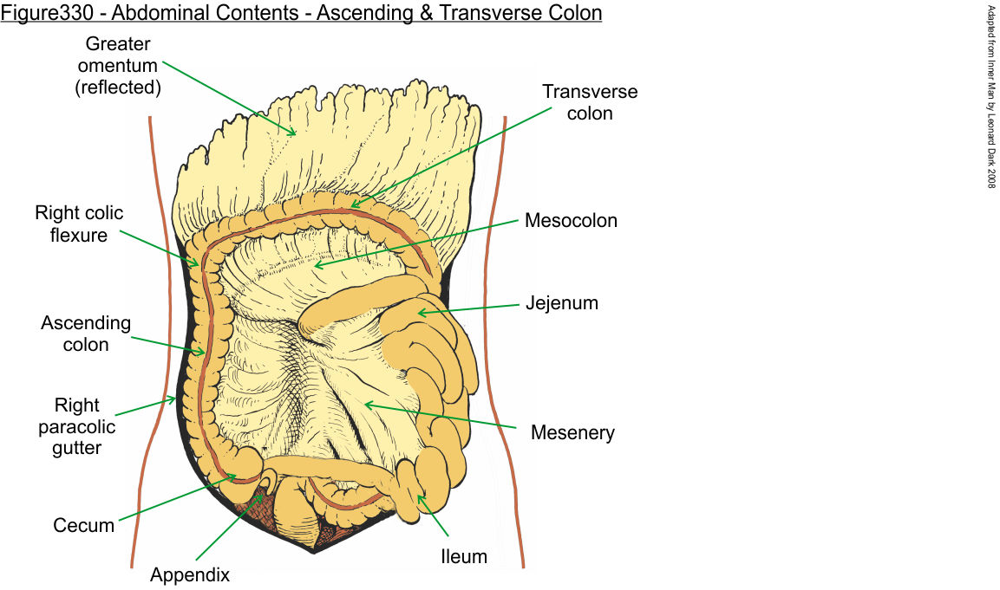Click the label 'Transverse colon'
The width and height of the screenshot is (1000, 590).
[589, 102]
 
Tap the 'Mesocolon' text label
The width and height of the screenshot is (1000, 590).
[571, 221]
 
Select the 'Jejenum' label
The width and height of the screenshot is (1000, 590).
[561, 303]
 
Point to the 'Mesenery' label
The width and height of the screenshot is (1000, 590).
[572, 431]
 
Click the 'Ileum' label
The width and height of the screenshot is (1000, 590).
[463, 555]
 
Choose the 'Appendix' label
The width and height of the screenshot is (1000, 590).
[190, 574]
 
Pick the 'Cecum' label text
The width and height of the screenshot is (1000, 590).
[83, 525]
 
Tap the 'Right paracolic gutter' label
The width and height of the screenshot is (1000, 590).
[78, 426]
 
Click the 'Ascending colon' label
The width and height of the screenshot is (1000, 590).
[86, 334]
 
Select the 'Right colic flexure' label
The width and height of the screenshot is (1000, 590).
[79, 224]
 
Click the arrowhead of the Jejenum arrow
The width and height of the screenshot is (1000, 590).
[420, 312]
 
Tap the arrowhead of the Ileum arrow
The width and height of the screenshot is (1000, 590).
[419, 496]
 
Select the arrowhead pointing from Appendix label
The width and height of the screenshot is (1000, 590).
[262, 493]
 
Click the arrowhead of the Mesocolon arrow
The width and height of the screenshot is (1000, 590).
[316, 266]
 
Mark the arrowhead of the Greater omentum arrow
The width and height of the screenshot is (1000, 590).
[295, 134]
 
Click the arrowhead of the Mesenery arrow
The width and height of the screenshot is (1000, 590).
[365, 402]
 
